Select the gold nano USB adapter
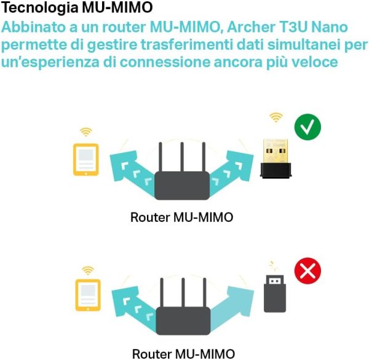click(278, 157)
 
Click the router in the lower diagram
click(182, 319)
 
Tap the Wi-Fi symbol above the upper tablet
click(85, 132)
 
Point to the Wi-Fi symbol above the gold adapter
click(276, 117)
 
